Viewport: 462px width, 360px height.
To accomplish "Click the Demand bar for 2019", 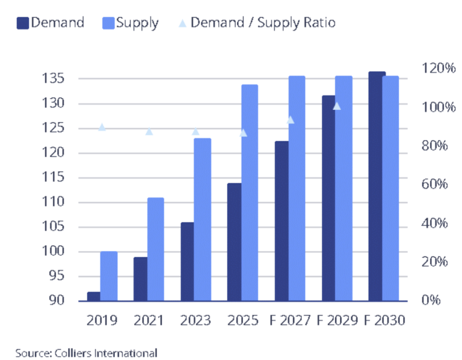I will click(94, 296).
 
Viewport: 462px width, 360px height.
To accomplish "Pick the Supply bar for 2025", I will click(250, 192).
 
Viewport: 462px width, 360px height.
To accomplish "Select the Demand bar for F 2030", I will click(377, 186).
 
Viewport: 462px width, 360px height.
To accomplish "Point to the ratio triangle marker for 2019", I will click(102, 127).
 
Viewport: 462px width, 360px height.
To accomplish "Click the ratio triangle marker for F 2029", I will click(337, 106).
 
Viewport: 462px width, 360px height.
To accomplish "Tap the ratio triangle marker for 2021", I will click(149, 132).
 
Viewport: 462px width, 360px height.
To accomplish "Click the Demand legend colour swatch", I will click(23, 23).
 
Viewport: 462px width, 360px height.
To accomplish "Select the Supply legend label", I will click(137, 23).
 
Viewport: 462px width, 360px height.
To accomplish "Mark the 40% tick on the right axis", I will click(433, 223).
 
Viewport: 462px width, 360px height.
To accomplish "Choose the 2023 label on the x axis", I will click(195, 320).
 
